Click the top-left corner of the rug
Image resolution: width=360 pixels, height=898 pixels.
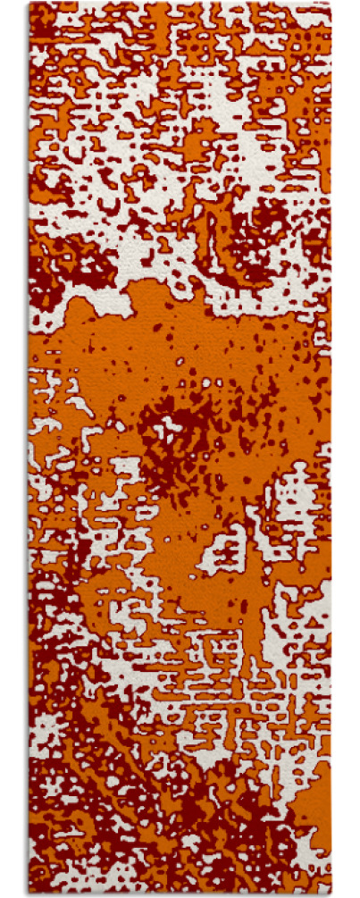coord(29,4)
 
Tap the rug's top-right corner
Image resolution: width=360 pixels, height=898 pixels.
coord(330,4)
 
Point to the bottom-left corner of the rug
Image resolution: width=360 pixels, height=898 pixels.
coord(29,894)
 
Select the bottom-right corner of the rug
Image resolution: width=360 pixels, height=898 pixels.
coord(330,894)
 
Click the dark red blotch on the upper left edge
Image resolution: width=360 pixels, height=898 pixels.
coord(45,268)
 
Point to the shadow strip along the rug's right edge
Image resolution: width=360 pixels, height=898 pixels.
coord(334,447)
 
